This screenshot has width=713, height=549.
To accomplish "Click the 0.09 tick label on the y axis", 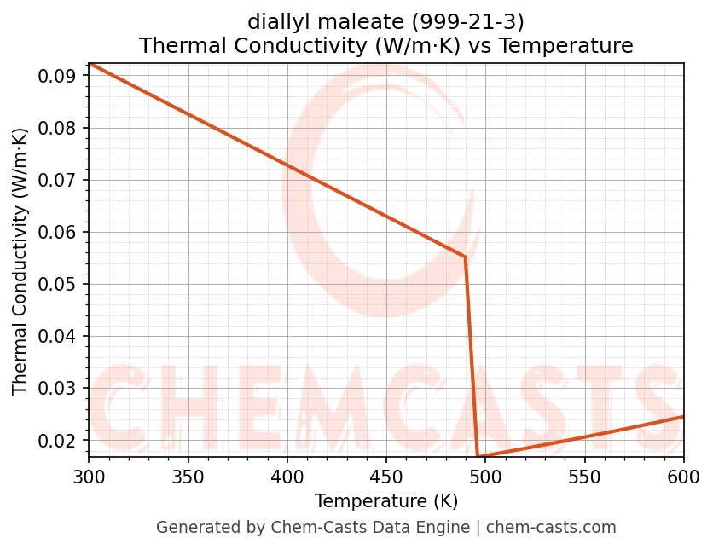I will pyautogui.click(x=61, y=77).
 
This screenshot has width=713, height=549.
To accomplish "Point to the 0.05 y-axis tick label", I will pyautogui.click(x=61, y=285).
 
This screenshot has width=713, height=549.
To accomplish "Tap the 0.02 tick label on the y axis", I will pyautogui.click(x=61, y=441).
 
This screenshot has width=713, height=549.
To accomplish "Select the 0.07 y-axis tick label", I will pyautogui.click(x=61, y=181).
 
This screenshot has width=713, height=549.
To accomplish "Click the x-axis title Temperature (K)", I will pyautogui.click(x=386, y=500).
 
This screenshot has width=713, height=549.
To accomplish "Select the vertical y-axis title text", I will pyautogui.click(x=20, y=261).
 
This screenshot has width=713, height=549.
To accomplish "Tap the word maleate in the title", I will pyautogui.click(x=361, y=20).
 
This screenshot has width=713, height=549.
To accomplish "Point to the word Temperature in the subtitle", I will pyautogui.click(x=565, y=45).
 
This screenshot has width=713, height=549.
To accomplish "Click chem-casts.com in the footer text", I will pyautogui.click(x=551, y=528).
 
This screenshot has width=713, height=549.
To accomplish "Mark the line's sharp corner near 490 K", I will pyautogui.click(x=465, y=257).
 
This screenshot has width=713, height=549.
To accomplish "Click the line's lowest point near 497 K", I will pyautogui.click(x=478, y=457).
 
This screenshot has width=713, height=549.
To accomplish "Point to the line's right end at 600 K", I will pyautogui.click(x=683, y=416).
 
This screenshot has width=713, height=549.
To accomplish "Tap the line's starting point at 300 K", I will pyautogui.click(x=89, y=64).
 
